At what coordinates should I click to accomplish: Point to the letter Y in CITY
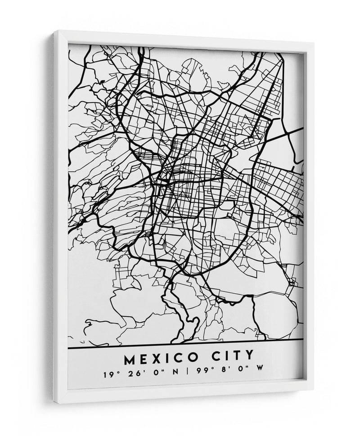(x=249, y=358)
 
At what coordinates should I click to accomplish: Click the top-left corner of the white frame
(x=54, y=31)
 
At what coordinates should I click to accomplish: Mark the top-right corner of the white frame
(x=313, y=43)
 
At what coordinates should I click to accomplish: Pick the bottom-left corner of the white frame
(x=55, y=402)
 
